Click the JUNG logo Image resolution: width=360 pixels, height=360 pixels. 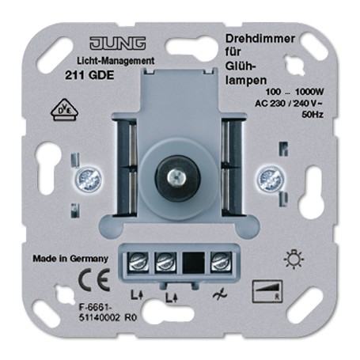coord(118,44)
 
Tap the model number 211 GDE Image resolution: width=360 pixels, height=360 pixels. coord(89,76)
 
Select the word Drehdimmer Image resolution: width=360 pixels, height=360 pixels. coord(260,39)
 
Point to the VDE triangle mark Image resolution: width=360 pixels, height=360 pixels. coord(65,110)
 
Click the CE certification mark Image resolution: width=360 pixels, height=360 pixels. coord(94,279)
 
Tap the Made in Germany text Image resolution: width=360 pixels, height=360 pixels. coord(70,259)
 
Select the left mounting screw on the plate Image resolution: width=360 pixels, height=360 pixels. coord(89,180)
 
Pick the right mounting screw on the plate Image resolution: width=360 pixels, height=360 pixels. coord(271,179)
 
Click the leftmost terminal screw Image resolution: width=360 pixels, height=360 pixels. coord(138,262)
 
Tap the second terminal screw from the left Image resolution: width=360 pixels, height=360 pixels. coord(165,262)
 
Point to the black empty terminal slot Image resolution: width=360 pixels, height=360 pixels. coord(194,262)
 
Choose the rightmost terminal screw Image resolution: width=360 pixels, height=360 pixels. coord(222,262)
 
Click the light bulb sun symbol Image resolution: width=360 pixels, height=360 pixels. coord(294,259)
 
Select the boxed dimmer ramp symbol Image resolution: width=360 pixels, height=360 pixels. coord(267,291)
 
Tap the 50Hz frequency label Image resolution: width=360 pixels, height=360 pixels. coord(313,115)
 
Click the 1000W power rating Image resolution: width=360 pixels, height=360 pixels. coord(309,92)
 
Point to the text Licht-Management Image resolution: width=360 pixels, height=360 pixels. coord(116,61)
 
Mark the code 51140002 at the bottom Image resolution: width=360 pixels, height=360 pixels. coord(100,318)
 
